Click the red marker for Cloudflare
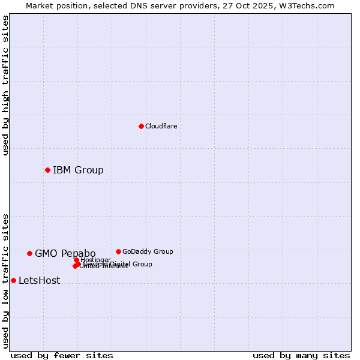(141, 126)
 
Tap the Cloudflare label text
(161, 126)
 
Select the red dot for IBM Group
(47, 170)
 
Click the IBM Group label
(78, 170)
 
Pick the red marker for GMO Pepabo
(29, 253)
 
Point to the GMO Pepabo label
(65, 253)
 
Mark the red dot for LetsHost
(13, 280)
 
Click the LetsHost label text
(39, 280)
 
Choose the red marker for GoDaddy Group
(118, 251)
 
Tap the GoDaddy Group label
(148, 251)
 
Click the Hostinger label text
(96, 260)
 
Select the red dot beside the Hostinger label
(76, 260)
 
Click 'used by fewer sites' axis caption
(62, 355)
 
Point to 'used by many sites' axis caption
(301, 355)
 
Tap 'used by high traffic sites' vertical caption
(5, 85)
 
